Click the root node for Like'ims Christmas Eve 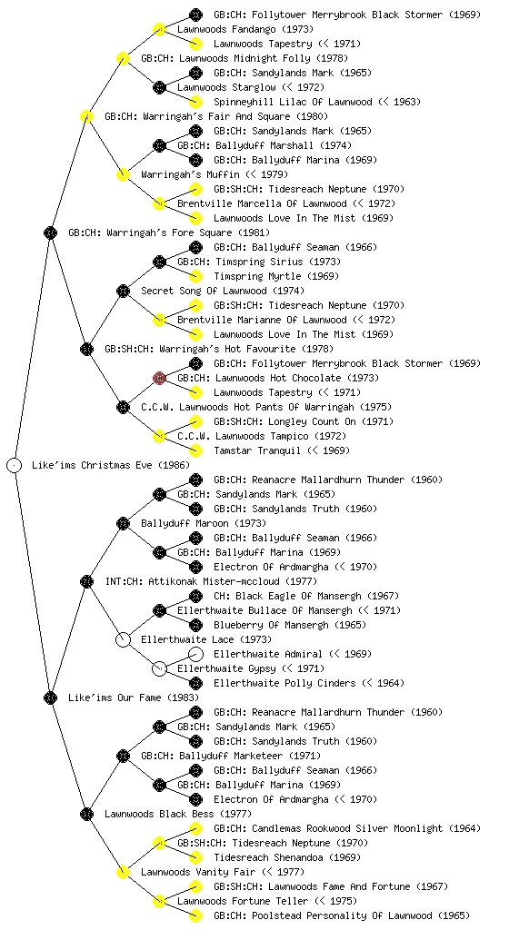(x=15, y=465)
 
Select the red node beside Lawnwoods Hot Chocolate (x=159, y=378)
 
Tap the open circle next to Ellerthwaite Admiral (x=195, y=654)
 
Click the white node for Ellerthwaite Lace (x=123, y=639)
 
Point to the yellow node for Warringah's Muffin (x=123, y=174)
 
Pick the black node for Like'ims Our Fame (x=50, y=697)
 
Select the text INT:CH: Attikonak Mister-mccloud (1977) (x=211, y=581)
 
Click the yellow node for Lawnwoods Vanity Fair (x=123, y=872)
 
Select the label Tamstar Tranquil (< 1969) (x=282, y=450)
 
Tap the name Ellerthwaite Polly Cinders (x=284, y=683)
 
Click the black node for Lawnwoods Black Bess (x=86, y=814)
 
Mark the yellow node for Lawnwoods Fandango (x=159, y=29)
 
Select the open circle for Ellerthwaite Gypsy (x=159, y=668)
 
